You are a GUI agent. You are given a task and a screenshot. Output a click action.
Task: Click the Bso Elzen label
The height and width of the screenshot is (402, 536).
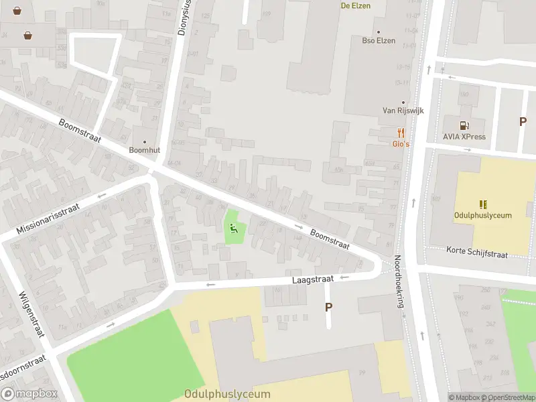click(x=379, y=41)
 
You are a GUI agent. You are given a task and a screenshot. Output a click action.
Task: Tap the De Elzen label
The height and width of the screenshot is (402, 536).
click(x=355, y=5)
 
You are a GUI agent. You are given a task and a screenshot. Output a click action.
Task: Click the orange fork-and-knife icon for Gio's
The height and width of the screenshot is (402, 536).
click(x=401, y=132)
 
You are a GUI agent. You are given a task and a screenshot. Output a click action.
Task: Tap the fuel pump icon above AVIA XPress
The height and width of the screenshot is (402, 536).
click(x=464, y=125)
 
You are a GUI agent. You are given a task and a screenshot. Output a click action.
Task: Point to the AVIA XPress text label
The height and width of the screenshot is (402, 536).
click(x=464, y=137)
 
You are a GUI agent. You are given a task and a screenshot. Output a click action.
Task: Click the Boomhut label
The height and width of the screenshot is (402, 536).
click(x=142, y=149)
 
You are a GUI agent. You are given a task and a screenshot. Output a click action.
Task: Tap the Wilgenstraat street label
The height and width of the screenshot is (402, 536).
click(x=31, y=314)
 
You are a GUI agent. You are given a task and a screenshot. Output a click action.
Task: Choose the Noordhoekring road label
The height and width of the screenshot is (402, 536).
click(x=400, y=281)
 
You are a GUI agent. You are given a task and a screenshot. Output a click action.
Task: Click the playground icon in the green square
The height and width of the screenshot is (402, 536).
click(x=233, y=228)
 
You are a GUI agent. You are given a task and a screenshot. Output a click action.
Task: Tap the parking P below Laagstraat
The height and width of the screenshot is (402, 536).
click(x=328, y=307)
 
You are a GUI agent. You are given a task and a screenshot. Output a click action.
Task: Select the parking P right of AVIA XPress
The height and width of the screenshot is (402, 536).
click(x=523, y=121)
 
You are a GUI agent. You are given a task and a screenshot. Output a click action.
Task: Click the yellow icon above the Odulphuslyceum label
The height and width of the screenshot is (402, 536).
click(x=482, y=204)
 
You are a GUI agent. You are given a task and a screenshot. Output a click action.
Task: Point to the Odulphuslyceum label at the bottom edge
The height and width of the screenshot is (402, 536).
click(x=228, y=394)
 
